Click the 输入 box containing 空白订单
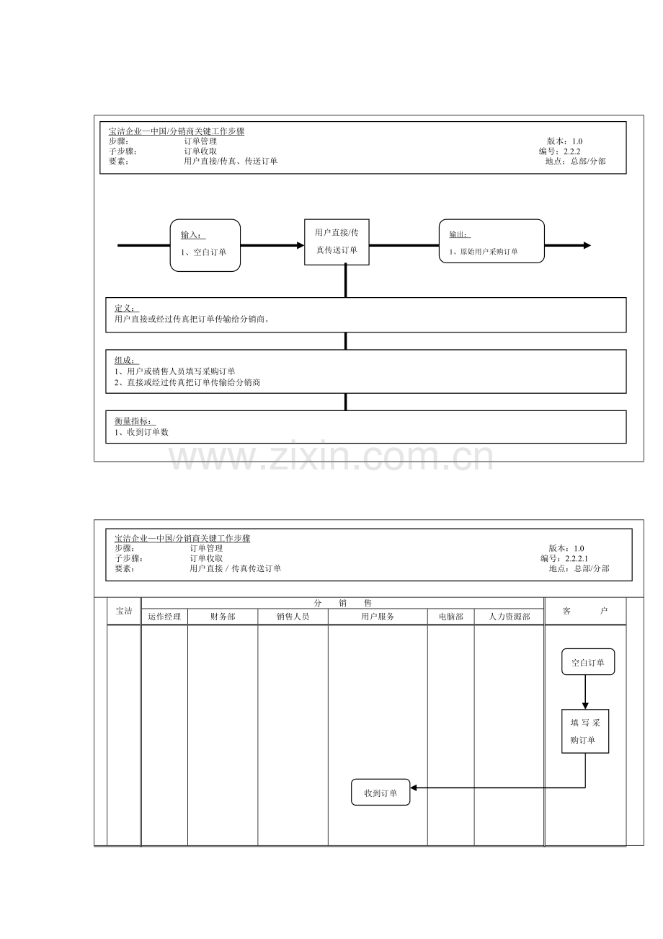click(x=205, y=245)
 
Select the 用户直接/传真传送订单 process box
click(x=337, y=242)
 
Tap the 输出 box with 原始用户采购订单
click(x=491, y=242)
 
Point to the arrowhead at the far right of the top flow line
click(x=587, y=245)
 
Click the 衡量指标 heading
click(x=135, y=421)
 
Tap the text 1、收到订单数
click(x=141, y=432)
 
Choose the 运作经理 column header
click(x=164, y=617)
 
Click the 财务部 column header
click(x=223, y=617)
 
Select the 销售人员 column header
click(x=293, y=617)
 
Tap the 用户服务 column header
click(x=378, y=617)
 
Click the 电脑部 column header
click(x=450, y=617)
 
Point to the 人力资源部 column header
click(x=509, y=617)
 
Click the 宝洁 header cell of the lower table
click(x=124, y=611)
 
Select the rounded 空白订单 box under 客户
click(x=588, y=662)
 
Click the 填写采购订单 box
click(x=585, y=731)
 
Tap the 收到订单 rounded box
click(x=381, y=793)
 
